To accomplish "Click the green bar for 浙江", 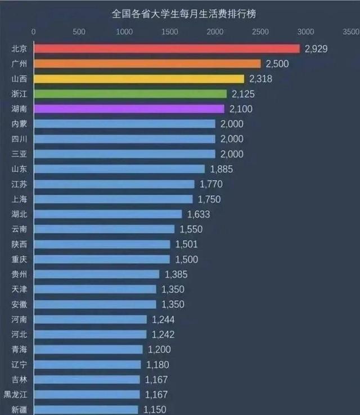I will click(130, 94).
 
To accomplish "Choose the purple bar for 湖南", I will click(129, 109).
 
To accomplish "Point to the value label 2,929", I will click(316, 49).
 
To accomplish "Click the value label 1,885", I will click(221, 169).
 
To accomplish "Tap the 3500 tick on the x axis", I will click(350, 31).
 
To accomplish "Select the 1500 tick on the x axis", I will click(169, 31).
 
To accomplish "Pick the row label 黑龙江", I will click(15, 395).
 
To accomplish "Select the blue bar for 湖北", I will click(108, 214).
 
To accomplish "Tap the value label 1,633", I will click(197, 214).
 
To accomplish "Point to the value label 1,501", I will click(186, 245).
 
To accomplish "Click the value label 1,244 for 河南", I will click(163, 319).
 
